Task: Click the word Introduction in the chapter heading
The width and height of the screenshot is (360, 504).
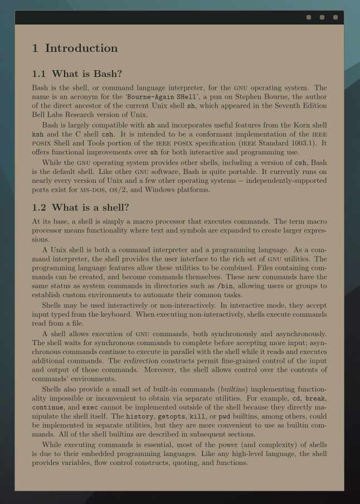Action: tap(81, 48)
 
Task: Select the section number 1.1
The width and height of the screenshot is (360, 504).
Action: tap(39, 74)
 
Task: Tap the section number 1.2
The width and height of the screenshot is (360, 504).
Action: tap(39, 207)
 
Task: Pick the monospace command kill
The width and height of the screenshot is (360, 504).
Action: tap(198, 416)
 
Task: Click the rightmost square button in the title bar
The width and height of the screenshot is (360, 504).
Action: tap(335, 17)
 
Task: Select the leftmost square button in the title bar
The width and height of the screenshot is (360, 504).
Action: tap(309, 17)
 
